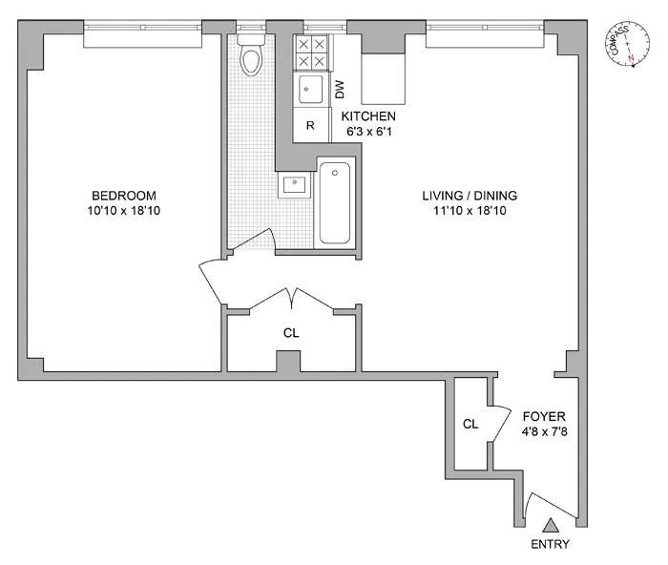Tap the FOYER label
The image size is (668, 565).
click(544, 416)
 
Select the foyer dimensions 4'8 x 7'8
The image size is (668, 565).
click(544, 430)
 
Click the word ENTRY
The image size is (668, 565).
click(550, 545)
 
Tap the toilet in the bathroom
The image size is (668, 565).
click(251, 56)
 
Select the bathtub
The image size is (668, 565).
click(335, 202)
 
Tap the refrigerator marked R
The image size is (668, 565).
click(310, 125)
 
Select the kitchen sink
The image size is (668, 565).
click(309, 91)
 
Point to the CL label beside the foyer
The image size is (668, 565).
click(470, 424)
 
